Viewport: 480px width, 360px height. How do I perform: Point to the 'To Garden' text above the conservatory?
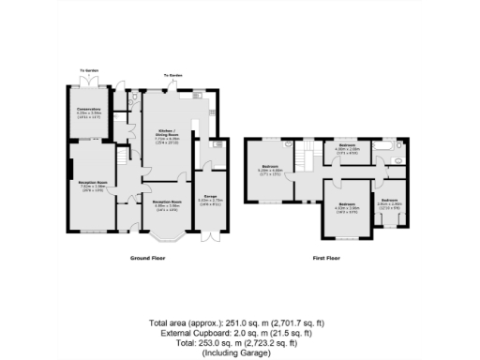89,72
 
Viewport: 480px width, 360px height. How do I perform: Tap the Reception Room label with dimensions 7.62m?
91,184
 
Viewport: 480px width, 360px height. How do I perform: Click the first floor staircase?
302,159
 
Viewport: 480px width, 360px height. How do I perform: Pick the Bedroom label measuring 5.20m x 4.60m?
271,171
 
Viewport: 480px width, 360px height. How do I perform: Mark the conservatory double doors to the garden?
91,84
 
